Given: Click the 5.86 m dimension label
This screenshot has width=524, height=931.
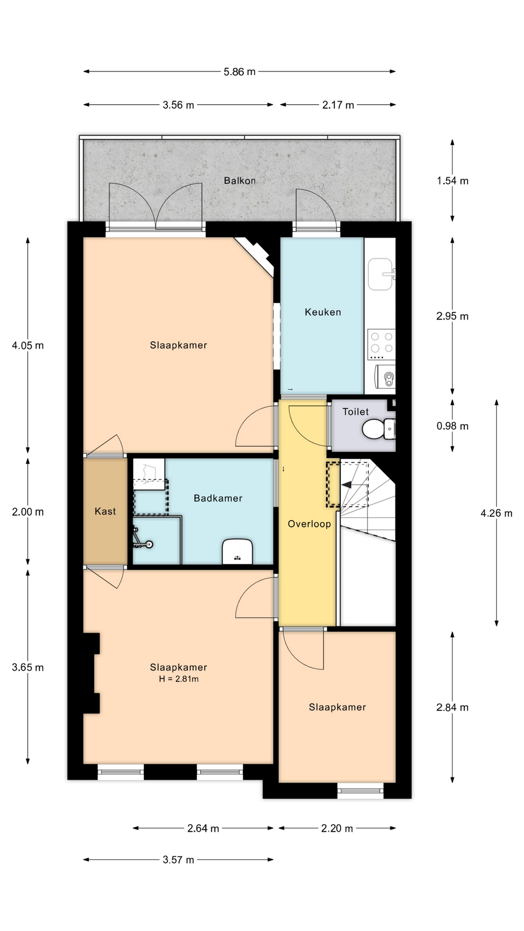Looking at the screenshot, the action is tap(239, 72).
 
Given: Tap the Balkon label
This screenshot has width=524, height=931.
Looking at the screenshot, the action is tap(240, 180).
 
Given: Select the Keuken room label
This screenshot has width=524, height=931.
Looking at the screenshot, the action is tap(323, 312).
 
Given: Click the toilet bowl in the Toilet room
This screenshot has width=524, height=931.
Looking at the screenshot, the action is tap(378, 429).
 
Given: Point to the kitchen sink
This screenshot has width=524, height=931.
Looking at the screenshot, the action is tap(380, 274).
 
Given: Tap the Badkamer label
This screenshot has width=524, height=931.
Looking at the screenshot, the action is tap(218, 498).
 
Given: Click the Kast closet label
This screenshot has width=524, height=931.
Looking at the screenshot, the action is tap(105, 511).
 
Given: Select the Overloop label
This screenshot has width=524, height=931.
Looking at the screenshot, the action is tap(309, 524).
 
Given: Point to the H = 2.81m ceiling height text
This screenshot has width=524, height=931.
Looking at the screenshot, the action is tap(179, 679).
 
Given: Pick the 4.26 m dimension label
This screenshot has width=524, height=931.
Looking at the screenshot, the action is tap(496, 513).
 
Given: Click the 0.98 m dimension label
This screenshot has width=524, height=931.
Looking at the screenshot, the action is tap(452, 426).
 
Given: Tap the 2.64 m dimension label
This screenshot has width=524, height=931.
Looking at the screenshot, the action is tap(203, 828).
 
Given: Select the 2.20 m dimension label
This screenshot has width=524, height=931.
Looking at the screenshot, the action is tap(337, 828).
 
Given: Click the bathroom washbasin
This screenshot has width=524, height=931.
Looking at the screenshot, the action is tap(238, 551).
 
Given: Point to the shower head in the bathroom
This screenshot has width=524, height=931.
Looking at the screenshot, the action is tap(148, 545).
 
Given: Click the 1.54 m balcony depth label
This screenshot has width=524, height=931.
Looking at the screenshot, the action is tap(452, 181).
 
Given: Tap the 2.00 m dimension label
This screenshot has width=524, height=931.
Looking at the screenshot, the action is tap(28, 512).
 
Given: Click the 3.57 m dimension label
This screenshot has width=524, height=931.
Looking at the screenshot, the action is tap(178, 860).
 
